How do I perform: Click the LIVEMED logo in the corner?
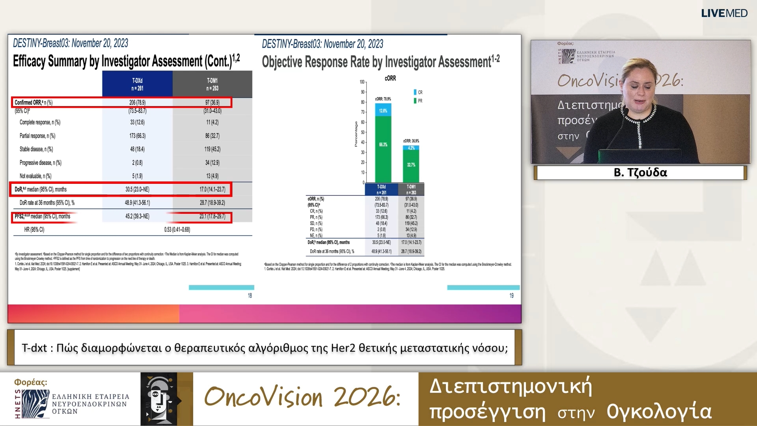(724, 13)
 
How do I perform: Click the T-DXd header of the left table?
(137, 84)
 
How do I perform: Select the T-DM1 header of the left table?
(212, 84)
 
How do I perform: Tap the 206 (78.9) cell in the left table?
(137, 103)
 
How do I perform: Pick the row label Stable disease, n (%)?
(36, 149)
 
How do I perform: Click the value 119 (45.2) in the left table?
(212, 149)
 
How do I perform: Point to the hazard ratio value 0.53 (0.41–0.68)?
(177, 230)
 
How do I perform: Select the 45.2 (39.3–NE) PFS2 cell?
(137, 216)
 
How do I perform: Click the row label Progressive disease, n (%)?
(41, 163)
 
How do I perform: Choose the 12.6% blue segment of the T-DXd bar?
(383, 110)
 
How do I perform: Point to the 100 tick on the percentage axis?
(362, 82)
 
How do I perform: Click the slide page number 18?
(250, 295)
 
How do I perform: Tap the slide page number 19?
(511, 295)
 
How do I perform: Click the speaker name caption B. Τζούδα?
(640, 172)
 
